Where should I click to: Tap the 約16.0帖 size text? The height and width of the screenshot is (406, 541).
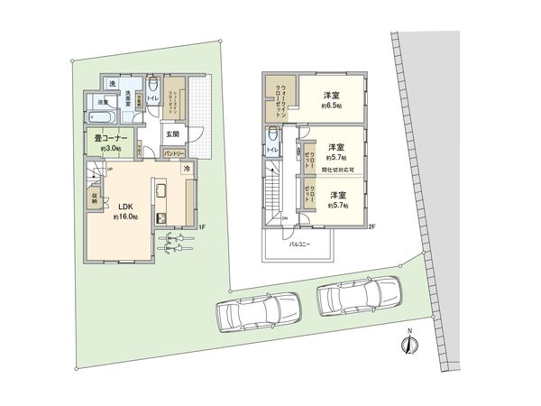(x=124, y=217)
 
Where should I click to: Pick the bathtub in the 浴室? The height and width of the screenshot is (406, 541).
(x=102, y=117)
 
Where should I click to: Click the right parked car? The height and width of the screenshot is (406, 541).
(x=358, y=295)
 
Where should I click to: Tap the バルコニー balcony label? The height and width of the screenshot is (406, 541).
(x=300, y=245)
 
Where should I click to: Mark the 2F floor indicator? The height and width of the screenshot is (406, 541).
(x=371, y=226)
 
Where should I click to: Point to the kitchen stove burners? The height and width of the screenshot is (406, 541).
(x=163, y=217)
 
